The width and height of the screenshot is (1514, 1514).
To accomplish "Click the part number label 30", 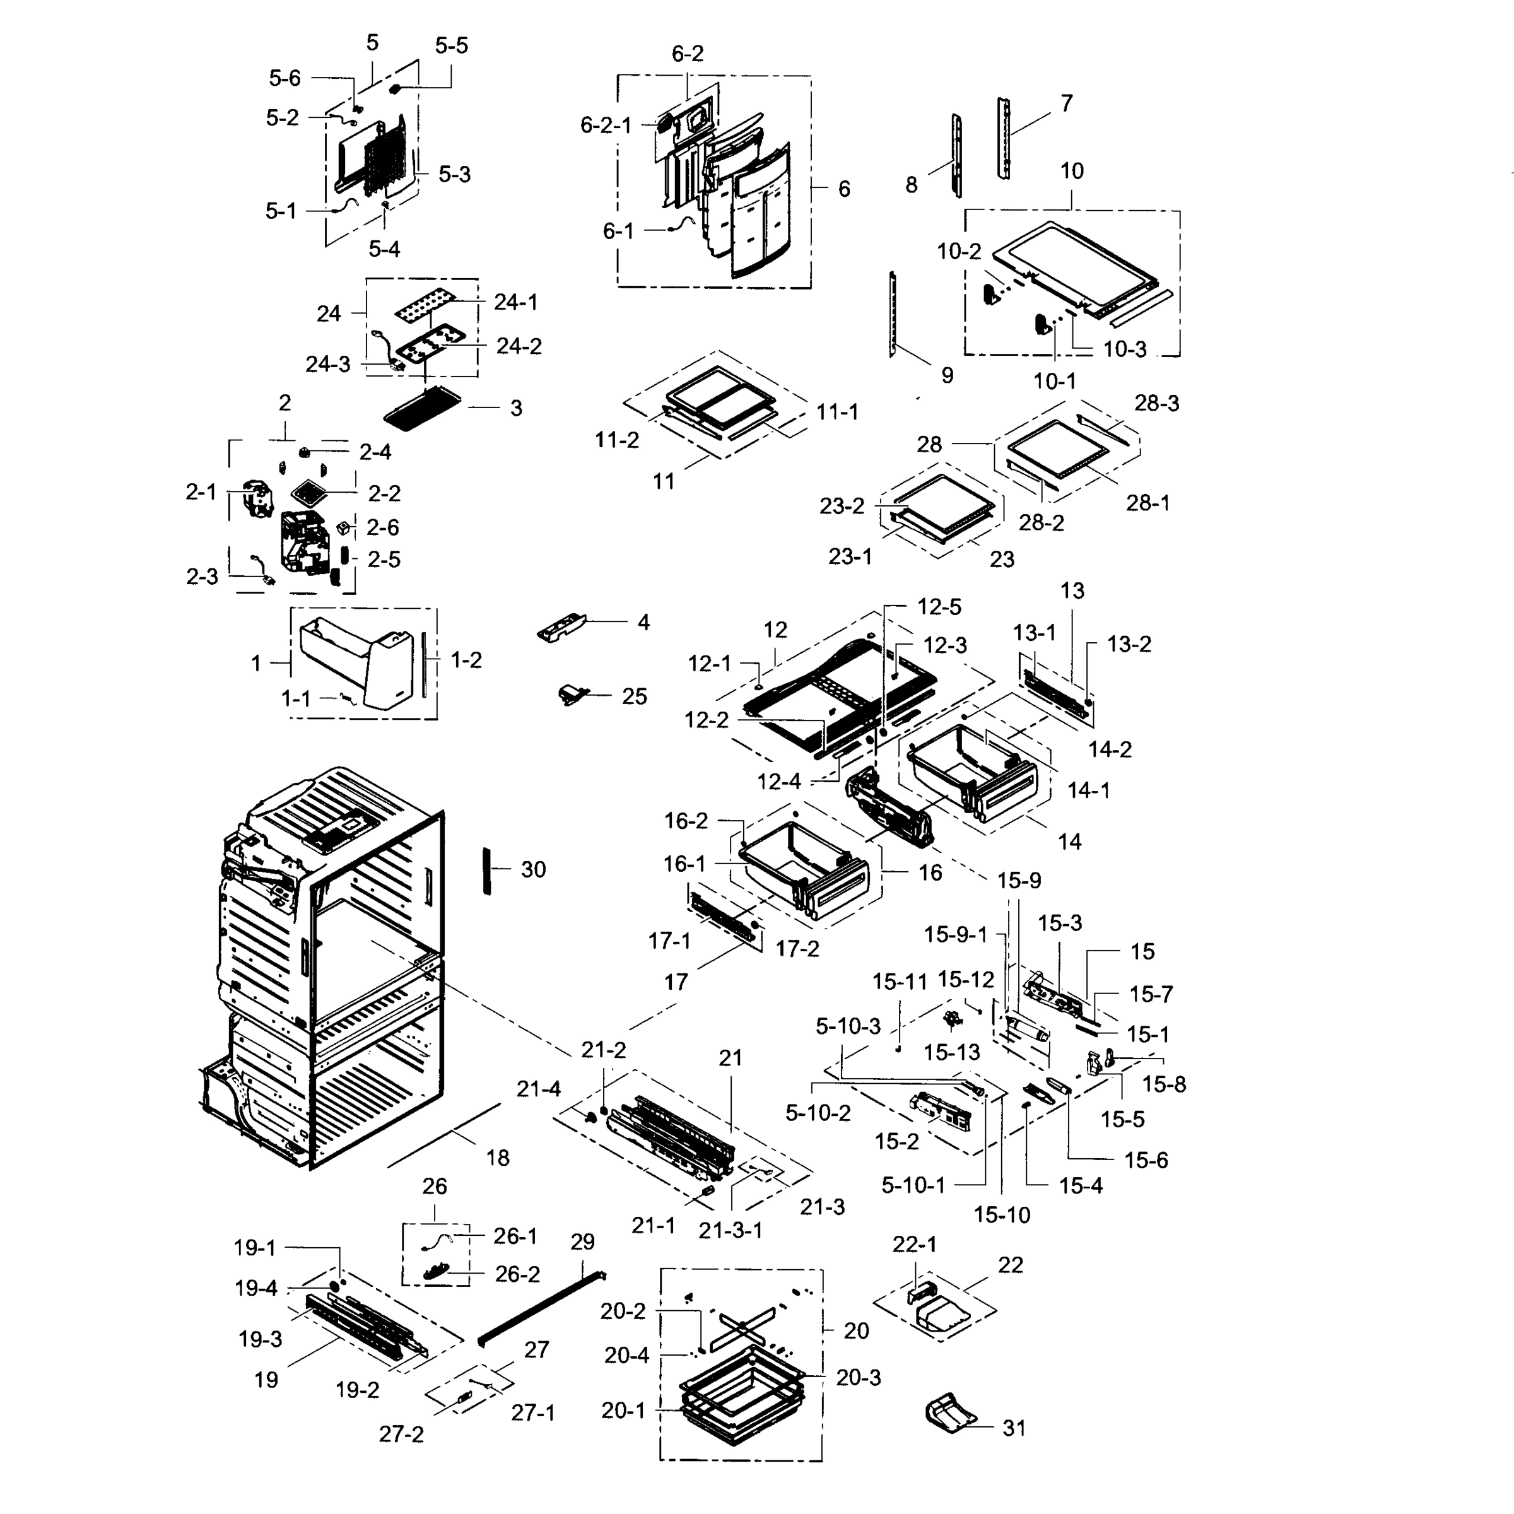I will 533,869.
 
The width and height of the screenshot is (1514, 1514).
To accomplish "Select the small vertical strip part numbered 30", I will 486,871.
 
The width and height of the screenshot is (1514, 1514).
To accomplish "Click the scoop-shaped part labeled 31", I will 951,1414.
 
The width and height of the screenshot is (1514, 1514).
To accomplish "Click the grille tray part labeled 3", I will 423,408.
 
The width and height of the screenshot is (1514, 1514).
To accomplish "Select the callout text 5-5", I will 452,45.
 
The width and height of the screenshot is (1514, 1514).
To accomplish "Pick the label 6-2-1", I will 605,125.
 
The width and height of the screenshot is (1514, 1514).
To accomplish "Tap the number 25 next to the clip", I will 634,696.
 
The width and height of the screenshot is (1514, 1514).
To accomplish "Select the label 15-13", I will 951,1052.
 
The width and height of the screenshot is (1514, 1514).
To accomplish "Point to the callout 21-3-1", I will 731,1230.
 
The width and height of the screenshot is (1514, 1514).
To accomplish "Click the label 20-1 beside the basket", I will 623,1411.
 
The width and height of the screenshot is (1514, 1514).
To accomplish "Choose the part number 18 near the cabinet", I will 498,1158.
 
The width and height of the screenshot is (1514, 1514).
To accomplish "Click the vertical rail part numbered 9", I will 893,314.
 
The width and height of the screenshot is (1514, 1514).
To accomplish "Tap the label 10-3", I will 1125,349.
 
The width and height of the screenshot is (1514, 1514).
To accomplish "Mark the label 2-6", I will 382,527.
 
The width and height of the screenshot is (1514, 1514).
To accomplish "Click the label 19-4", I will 256,1288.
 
